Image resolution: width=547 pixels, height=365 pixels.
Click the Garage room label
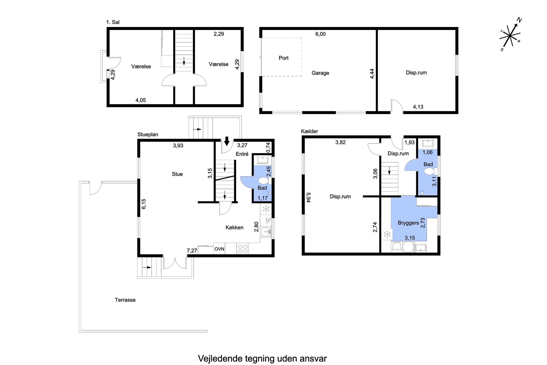(320, 73)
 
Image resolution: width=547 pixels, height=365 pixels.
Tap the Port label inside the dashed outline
(283, 58)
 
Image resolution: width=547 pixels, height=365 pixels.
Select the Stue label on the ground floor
(177, 174)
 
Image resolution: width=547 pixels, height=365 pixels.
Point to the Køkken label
(234, 227)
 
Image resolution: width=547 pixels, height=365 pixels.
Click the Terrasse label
(125, 300)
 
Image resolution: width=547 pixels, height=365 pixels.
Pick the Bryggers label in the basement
(408, 223)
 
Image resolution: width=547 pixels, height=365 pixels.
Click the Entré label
(242, 154)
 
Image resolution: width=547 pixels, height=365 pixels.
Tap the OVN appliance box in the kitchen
(219, 249)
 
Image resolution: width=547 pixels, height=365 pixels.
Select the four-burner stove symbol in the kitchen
(242, 249)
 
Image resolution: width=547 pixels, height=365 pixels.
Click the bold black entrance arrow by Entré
(227, 141)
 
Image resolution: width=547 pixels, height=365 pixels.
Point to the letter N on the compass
(519, 20)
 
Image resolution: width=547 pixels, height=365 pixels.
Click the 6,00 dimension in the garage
(320, 34)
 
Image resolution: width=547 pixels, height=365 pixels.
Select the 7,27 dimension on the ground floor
(192, 251)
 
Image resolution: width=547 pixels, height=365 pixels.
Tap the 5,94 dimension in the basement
(309, 198)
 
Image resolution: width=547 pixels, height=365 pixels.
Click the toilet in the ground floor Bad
(264, 181)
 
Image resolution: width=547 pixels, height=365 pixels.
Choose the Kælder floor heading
(309, 131)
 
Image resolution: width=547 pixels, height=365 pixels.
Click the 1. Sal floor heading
(113, 22)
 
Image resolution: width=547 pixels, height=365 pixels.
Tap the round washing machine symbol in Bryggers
(408, 247)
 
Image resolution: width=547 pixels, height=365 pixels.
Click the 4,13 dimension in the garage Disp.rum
(418, 107)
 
